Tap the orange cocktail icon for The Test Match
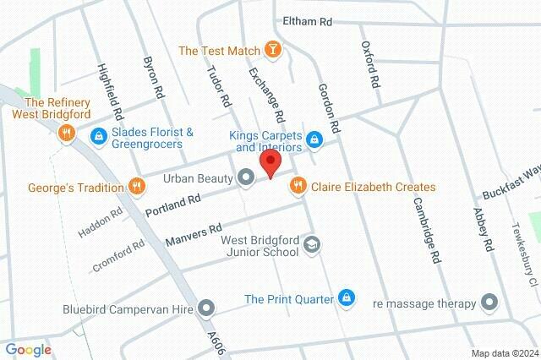point(272,51)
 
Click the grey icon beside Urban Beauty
point(246,177)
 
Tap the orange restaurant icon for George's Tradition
point(134,186)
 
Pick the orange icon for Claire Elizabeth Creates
point(298,186)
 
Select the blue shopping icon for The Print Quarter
point(345,297)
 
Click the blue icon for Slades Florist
point(99,135)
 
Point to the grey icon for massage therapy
point(489,302)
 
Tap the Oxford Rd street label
point(369,66)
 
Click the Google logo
point(28,350)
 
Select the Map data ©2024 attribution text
point(504,353)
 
